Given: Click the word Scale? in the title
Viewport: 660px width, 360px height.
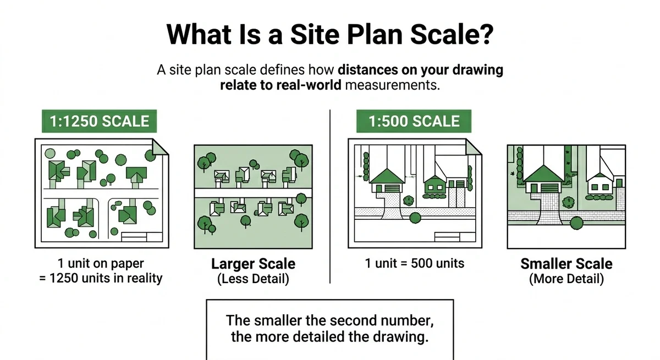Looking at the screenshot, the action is tap(452, 35).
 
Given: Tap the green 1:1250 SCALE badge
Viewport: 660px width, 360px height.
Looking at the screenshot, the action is tap(100, 121).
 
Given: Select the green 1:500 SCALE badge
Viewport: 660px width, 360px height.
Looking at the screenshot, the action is tap(414, 121).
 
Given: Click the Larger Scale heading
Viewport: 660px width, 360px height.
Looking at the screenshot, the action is tap(253, 264).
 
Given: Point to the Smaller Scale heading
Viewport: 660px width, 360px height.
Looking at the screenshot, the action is tap(566, 264).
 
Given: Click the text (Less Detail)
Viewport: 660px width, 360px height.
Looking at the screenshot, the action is tap(253, 279).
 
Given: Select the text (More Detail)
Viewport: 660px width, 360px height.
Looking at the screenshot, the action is tap(566, 279).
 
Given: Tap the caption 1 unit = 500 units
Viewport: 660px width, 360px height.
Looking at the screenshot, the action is tap(414, 263).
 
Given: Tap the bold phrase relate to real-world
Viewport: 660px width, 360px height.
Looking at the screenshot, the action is tap(280, 85).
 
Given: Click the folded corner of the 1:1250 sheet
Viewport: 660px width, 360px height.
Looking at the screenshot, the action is tap(160, 147).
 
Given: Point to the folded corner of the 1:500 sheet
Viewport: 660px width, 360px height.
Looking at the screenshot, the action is tap(474, 147).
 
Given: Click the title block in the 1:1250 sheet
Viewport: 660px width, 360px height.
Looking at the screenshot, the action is tap(142, 237).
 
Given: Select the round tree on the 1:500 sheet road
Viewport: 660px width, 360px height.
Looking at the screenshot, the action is tap(415, 218).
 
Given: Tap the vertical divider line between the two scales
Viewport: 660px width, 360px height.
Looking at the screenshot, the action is tap(330, 196).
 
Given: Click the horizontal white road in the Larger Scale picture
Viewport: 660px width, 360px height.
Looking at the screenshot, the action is tap(253, 193).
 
